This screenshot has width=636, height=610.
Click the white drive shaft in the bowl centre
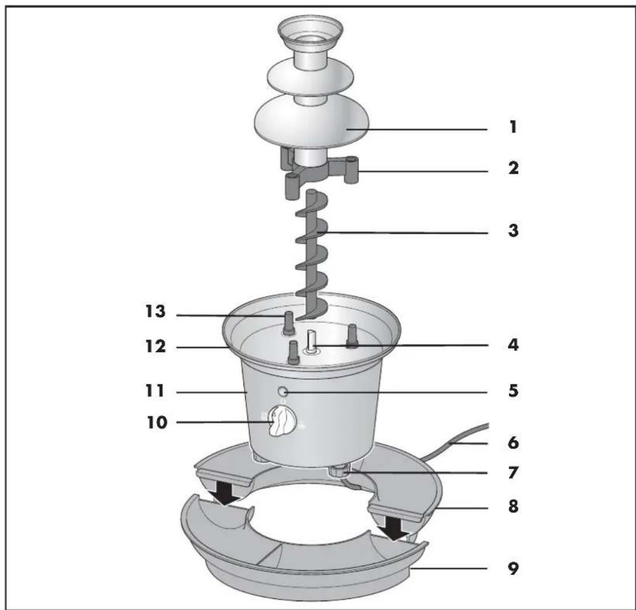[x=312, y=341]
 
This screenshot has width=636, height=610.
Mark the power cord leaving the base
[x=455, y=434]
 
